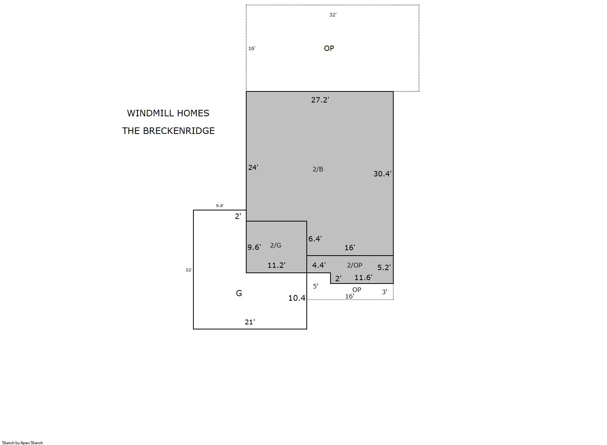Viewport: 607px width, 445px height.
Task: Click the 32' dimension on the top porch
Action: pos(333,15)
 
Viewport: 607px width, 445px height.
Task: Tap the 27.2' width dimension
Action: pos(320,100)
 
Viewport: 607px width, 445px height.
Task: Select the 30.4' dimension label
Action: pos(382,174)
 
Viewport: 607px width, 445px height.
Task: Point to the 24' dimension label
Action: pos(253,168)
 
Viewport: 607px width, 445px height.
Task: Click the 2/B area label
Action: pos(318,169)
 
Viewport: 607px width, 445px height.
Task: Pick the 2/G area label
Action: pos(276,245)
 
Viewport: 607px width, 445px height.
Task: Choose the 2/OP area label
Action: pos(355,265)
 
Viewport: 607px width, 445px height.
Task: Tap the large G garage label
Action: pos(239,293)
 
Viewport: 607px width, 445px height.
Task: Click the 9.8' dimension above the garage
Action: pos(220,206)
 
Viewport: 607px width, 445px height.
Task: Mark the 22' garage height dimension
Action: pos(188,270)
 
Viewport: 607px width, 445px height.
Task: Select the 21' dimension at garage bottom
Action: pos(250,322)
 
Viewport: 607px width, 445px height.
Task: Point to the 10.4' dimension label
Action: pos(297,298)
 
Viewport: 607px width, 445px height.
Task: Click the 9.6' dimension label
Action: pos(254,248)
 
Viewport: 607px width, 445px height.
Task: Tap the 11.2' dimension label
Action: pos(277,265)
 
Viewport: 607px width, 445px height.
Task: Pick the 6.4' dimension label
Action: pos(315,239)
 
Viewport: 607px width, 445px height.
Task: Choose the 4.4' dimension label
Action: pos(319,265)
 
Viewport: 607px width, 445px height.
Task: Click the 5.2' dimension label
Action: pos(384,267)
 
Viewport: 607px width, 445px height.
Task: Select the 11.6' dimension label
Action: pos(363,277)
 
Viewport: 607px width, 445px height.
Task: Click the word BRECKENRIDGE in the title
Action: pos(178,131)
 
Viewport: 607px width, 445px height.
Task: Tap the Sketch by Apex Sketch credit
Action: pos(23,443)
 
